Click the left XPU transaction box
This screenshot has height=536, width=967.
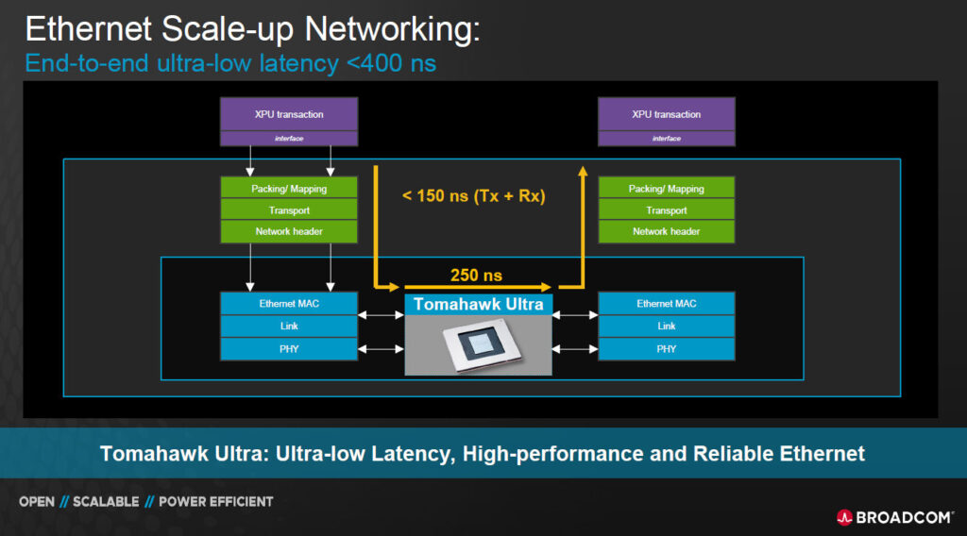pos(289,114)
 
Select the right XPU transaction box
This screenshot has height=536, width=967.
pos(666,114)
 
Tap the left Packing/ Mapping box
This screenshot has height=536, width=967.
pos(289,188)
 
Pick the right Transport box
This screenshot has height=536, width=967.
pos(666,210)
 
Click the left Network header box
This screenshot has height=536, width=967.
pos(289,231)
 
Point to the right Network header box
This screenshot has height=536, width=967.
pos(666,231)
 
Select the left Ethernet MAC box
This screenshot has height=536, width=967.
pos(289,304)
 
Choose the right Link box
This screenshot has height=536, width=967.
pos(666,326)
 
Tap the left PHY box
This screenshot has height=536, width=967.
pos(289,349)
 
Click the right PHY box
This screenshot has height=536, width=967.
pos(666,349)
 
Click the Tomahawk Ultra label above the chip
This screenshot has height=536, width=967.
pos(478,305)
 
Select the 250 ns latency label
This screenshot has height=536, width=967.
pos(476,275)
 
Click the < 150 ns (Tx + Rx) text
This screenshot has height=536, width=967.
pos(474,196)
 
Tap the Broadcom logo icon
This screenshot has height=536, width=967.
pos(844,517)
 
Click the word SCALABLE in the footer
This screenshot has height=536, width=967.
pos(106,501)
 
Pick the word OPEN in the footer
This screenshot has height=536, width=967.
pos(37,501)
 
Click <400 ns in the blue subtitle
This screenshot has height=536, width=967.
pos(392,63)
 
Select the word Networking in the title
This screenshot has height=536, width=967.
pos(392,29)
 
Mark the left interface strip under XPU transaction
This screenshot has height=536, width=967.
pos(289,139)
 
